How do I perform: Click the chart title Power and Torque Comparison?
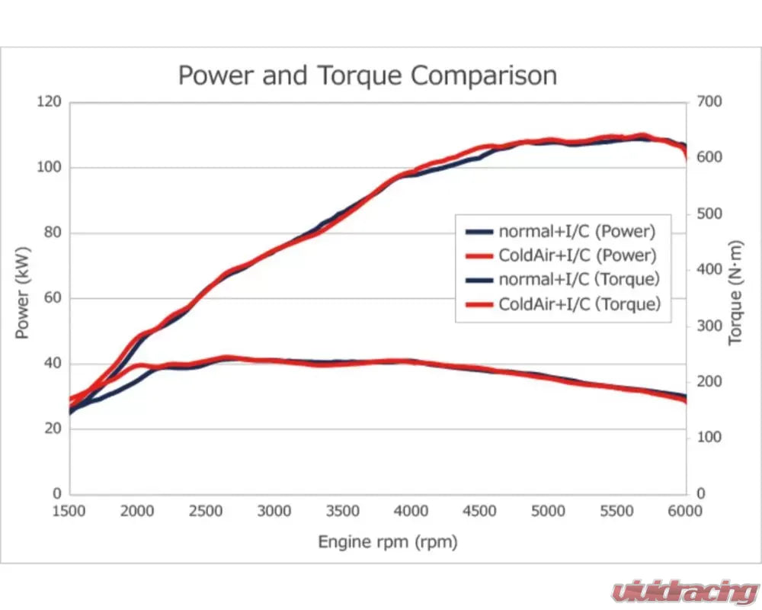point(367,75)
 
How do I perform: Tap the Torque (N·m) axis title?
point(735,297)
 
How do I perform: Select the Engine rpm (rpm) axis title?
point(388,542)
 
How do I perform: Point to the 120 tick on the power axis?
point(48,102)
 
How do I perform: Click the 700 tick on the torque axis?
point(709,102)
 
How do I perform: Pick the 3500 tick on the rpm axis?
point(343,512)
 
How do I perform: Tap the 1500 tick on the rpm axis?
point(69,512)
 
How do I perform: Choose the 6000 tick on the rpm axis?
point(686,512)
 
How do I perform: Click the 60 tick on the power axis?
point(51,298)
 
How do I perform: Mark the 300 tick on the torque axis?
point(709,326)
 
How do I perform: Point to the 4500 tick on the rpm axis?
point(480,512)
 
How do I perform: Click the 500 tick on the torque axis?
point(709,213)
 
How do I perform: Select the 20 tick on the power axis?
point(51,429)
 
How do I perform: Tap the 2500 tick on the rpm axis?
point(207,512)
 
